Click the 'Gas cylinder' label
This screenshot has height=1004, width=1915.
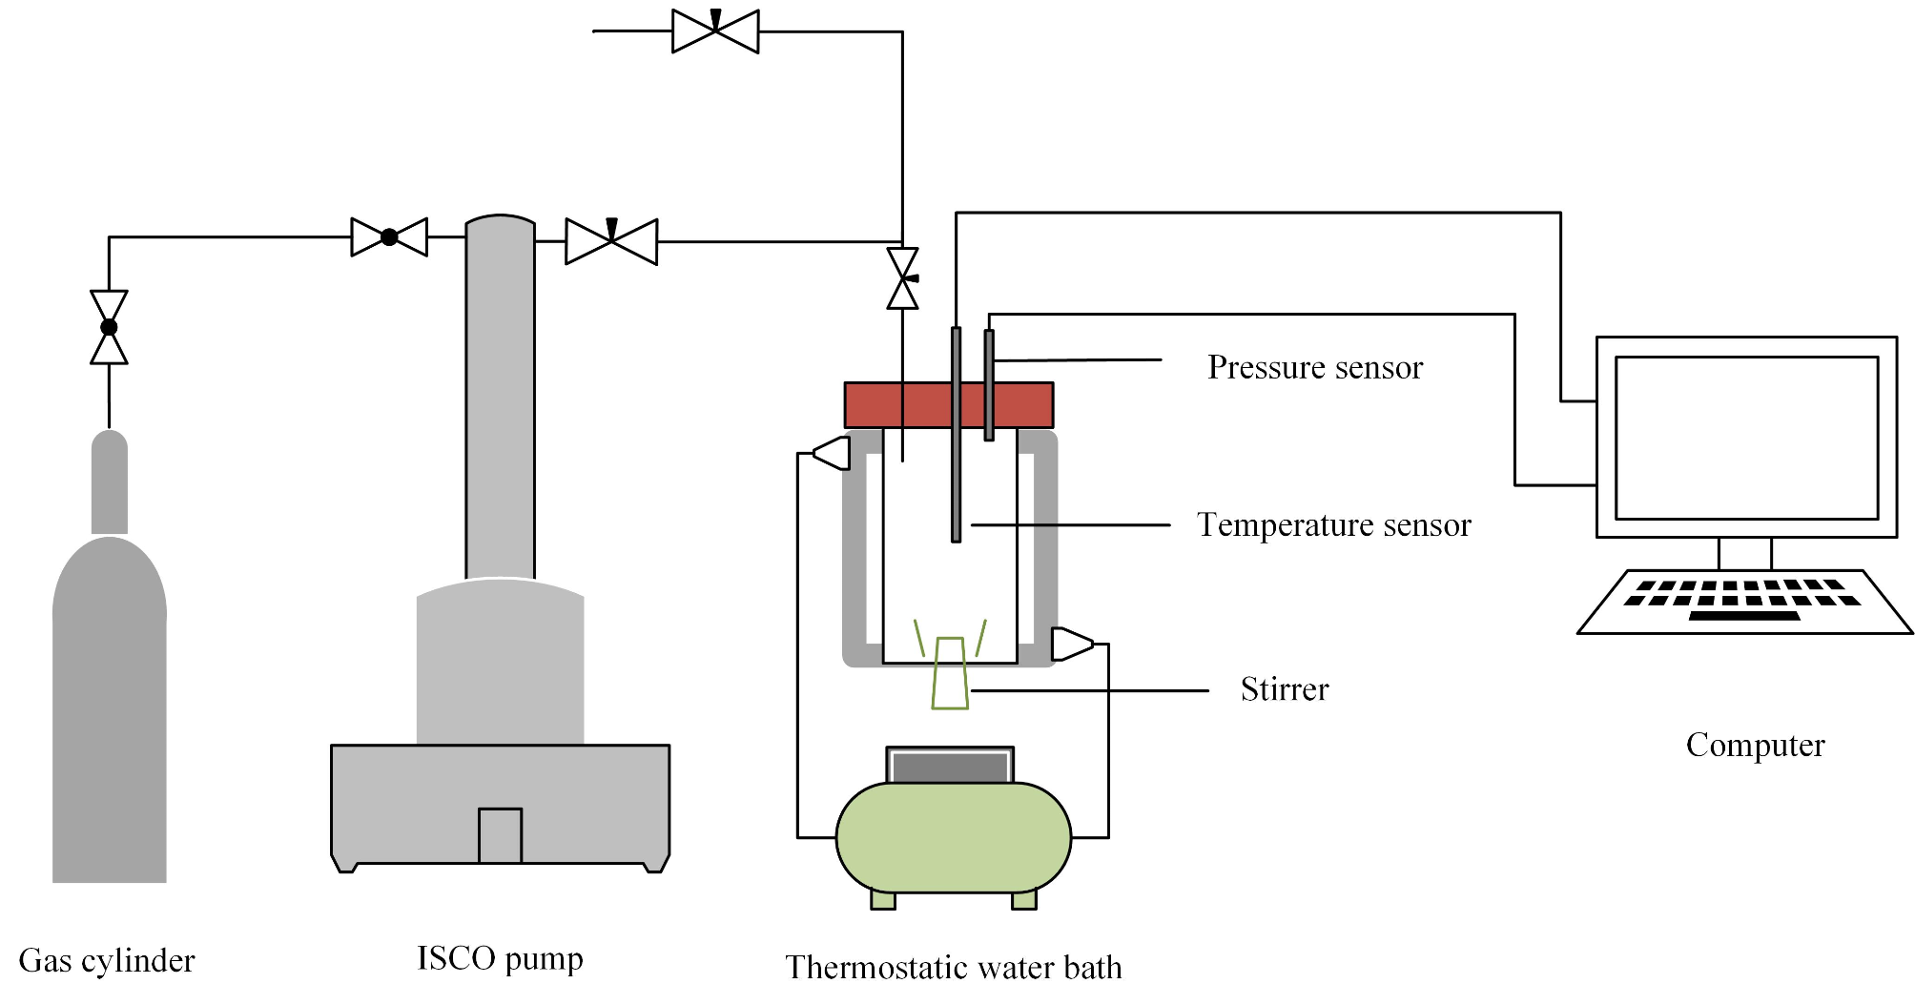106,960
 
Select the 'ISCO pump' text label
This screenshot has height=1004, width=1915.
500,958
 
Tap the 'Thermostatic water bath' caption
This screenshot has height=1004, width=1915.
953,968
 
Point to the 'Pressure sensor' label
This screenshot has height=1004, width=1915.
1314,367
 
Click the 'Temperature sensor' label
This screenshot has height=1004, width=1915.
1333,525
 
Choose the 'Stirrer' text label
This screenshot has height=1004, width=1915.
1284,689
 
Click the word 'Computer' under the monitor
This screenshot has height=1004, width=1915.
1755,745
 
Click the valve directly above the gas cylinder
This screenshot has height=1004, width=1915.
109,327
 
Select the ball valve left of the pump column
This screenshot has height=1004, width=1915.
389,237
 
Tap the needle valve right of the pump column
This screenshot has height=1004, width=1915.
611,241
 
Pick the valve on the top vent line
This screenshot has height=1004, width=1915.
715,31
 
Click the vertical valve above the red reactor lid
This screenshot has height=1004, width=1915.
902,278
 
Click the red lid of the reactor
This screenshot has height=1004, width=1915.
896,405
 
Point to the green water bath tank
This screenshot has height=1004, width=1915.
953,838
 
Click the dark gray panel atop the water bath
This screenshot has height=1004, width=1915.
950,767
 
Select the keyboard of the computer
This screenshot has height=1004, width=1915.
1743,602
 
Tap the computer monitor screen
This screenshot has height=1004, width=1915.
1745,438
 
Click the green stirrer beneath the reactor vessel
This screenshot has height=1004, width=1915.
950,674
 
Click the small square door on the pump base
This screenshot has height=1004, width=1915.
500,835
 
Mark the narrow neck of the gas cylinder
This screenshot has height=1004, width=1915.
110,482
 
